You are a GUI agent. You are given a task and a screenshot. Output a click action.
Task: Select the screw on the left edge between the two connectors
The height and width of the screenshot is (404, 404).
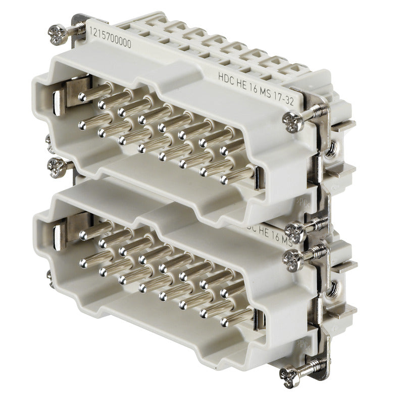pos(56,165)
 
